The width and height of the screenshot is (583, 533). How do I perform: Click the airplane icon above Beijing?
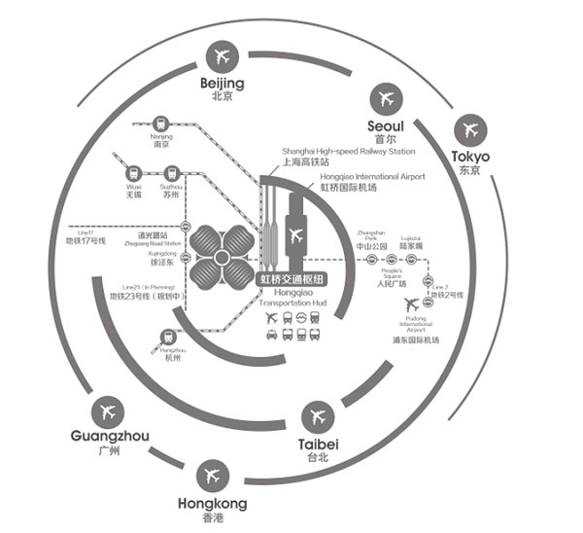pos(222,54)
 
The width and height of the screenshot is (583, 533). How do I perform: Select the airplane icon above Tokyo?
pos(471,129)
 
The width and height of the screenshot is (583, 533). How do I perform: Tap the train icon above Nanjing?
pos(160,124)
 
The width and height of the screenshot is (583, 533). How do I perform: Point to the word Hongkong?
pos(213,504)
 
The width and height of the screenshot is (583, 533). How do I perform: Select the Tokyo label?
pos(471,157)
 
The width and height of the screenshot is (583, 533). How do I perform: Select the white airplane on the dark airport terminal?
pos(296,233)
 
